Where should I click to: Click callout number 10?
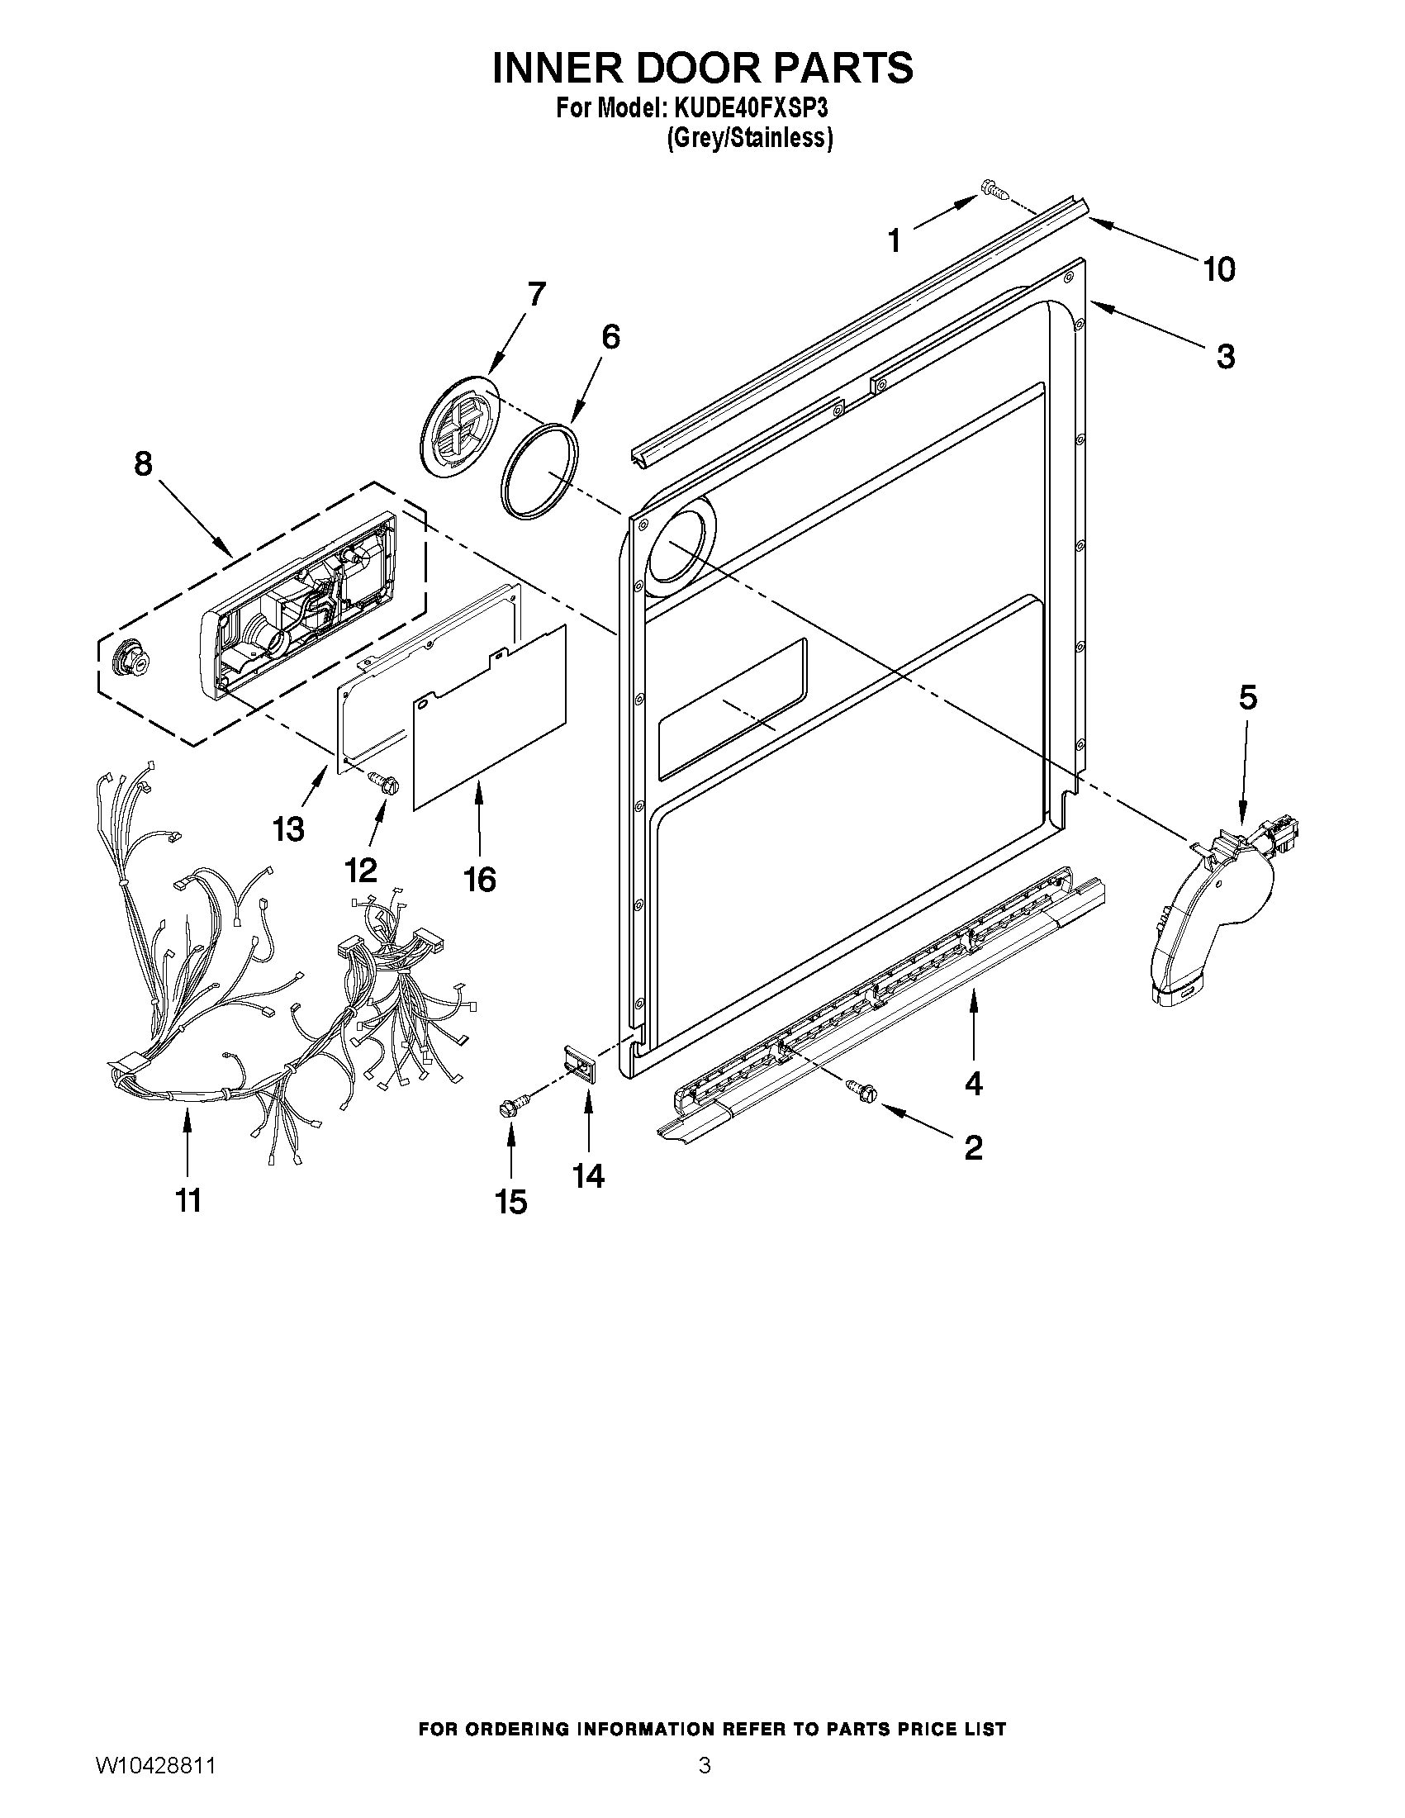tap(1219, 269)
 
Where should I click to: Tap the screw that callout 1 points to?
tap(994, 189)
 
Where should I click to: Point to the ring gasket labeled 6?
tap(539, 471)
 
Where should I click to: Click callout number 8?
tap(143, 463)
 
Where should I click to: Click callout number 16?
tap(479, 879)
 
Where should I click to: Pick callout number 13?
tap(288, 828)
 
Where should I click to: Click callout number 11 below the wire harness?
tap(188, 1200)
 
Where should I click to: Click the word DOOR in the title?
tap(702, 68)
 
